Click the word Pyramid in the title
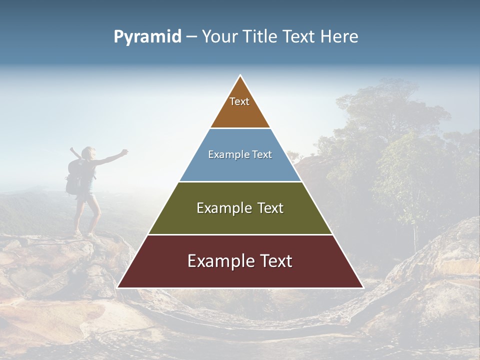point(147,37)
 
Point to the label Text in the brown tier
point(239,101)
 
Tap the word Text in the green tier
point(269,208)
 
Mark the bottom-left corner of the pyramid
point(118,287)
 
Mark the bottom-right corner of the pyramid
point(363,287)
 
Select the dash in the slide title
point(191,37)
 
